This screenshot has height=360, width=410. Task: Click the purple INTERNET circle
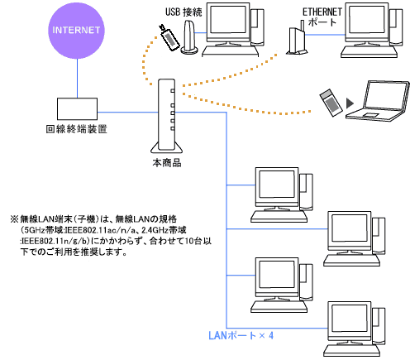[77, 31]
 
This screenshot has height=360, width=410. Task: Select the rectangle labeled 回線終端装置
[77, 108]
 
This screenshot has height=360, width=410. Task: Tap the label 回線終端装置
[76, 129]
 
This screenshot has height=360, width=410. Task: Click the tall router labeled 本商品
[166, 116]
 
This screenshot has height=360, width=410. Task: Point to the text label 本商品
[167, 163]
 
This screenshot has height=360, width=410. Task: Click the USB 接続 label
[184, 12]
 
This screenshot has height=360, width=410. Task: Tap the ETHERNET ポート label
[322, 17]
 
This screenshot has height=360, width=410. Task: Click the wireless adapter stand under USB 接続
[189, 37]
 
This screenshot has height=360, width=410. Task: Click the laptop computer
[378, 101]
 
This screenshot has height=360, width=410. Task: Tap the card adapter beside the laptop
[331, 103]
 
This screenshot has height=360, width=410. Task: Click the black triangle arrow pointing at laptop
[350, 103]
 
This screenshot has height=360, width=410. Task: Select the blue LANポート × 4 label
[241, 335]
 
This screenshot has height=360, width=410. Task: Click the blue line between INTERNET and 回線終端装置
[77, 79]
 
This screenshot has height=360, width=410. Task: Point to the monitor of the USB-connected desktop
[228, 24]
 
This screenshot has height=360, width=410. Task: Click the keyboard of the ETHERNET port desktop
[369, 51]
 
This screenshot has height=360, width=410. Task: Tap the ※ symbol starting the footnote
[14, 219]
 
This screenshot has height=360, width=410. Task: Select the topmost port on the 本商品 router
[173, 91]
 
